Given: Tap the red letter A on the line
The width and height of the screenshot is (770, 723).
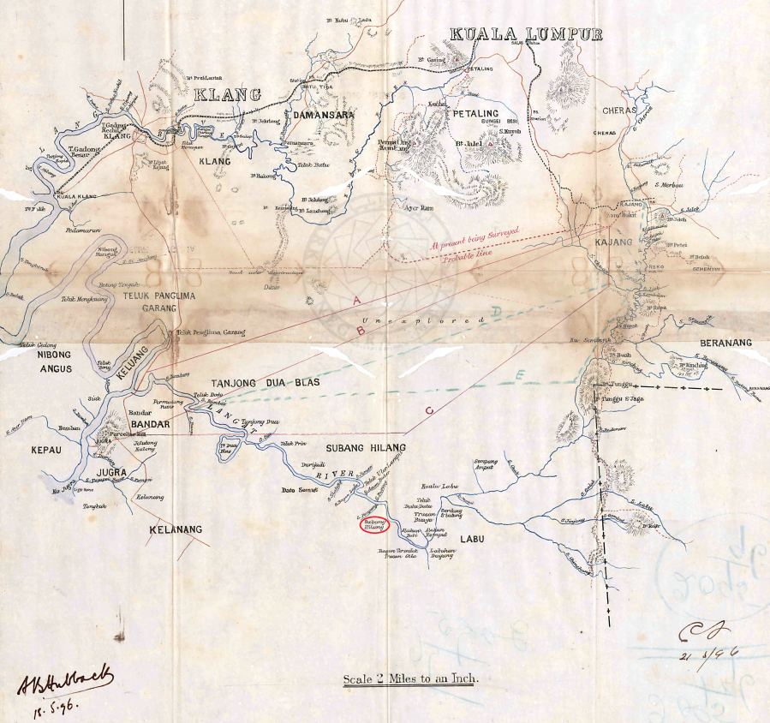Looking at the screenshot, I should pyautogui.click(x=356, y=300).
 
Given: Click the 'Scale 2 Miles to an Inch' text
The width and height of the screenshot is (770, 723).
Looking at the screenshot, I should pyautogui.click(x=411, y=679).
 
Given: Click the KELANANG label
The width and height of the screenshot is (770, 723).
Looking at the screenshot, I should pyautogui.click(x=176, y=529).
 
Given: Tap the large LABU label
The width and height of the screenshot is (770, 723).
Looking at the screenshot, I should pyautogui.click(x=472, y=539).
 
